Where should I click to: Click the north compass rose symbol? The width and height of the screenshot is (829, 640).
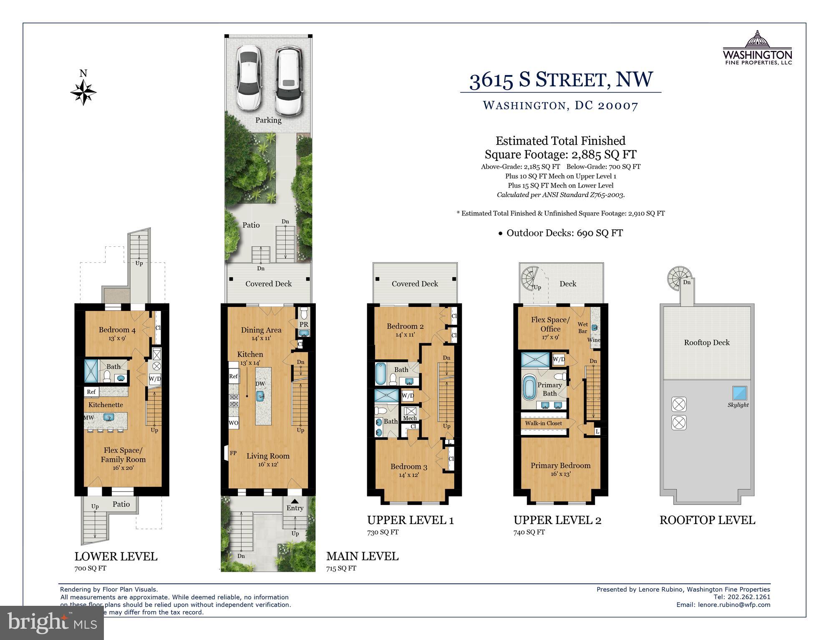tap(83, 92)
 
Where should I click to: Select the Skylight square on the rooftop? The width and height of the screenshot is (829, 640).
tap(739, 393)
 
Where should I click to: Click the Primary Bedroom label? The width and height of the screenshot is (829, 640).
tap(560, 466)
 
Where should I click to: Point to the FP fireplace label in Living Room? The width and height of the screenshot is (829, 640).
tap(233, 453)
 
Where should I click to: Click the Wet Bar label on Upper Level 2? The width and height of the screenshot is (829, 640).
tap(583, 328)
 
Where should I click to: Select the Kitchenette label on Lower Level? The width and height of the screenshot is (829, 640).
tap(106, 405)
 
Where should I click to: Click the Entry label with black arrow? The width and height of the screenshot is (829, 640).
tap(295, 508)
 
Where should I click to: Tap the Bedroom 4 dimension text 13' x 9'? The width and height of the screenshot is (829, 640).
tap(117, 338)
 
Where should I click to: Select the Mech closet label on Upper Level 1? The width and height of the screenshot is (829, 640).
tap(410, 418)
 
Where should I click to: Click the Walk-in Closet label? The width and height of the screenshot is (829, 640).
tap(543, 423)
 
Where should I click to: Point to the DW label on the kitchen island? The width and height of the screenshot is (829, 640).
tap(260, 384)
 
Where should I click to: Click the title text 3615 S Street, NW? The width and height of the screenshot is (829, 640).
tap(561, 80)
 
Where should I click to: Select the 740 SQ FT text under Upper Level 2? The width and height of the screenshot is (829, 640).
tap(529, 532)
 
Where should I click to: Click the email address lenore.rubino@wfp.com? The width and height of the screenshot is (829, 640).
tap(734, 605)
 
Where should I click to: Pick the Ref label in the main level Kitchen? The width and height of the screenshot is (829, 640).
tap(233, 376)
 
